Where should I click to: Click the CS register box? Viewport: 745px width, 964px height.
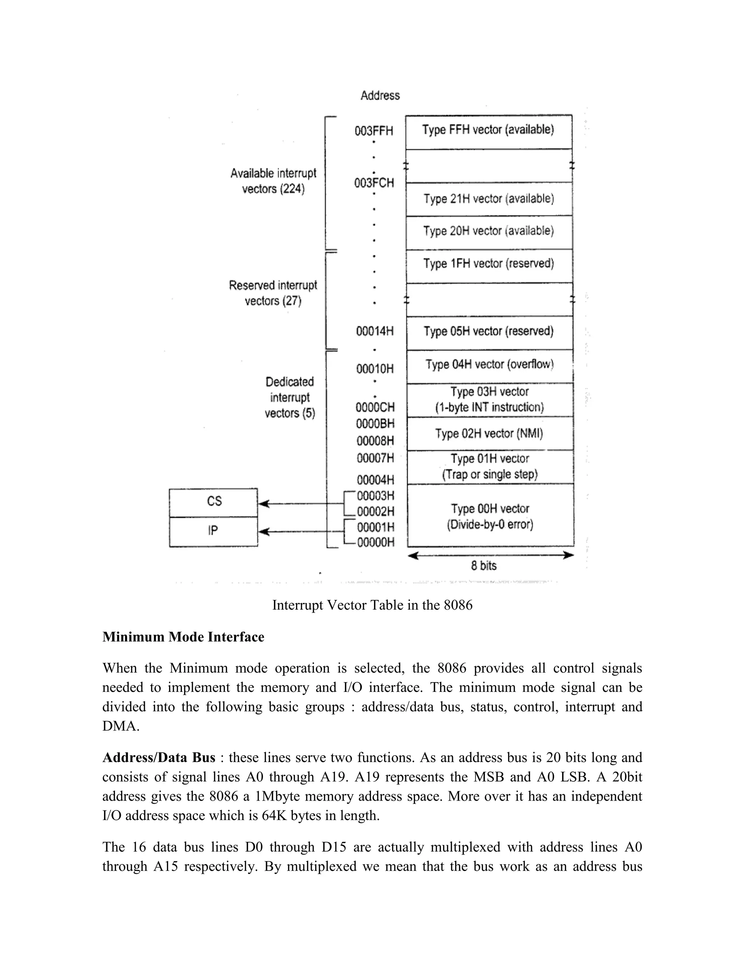[x=214, y=502]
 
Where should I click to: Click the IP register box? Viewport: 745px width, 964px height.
[x=214, y=531]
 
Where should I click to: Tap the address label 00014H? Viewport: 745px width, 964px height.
[x=375, y=331]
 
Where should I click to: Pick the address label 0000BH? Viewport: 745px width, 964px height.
[x=375, y=424]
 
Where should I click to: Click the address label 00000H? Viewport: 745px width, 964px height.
[x=375, y=542]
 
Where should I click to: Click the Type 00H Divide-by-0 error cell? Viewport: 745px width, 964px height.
[x=490, y=516]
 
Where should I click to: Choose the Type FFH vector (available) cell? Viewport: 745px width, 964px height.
[x=488, y=130]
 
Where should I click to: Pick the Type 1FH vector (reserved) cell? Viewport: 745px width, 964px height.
[x=488, y=264]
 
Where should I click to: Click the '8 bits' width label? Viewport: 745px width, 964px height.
[x=483, y=566]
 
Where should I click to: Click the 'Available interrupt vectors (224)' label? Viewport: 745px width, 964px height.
[x=273, y=181]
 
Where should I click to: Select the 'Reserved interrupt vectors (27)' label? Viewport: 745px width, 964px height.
[x=273, y=293]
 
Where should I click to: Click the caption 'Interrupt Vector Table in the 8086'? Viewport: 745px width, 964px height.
[x=372, y=605]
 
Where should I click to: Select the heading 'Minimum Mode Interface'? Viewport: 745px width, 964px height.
[x=183, y=637]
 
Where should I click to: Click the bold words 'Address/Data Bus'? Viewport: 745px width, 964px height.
[x=159, y=758]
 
